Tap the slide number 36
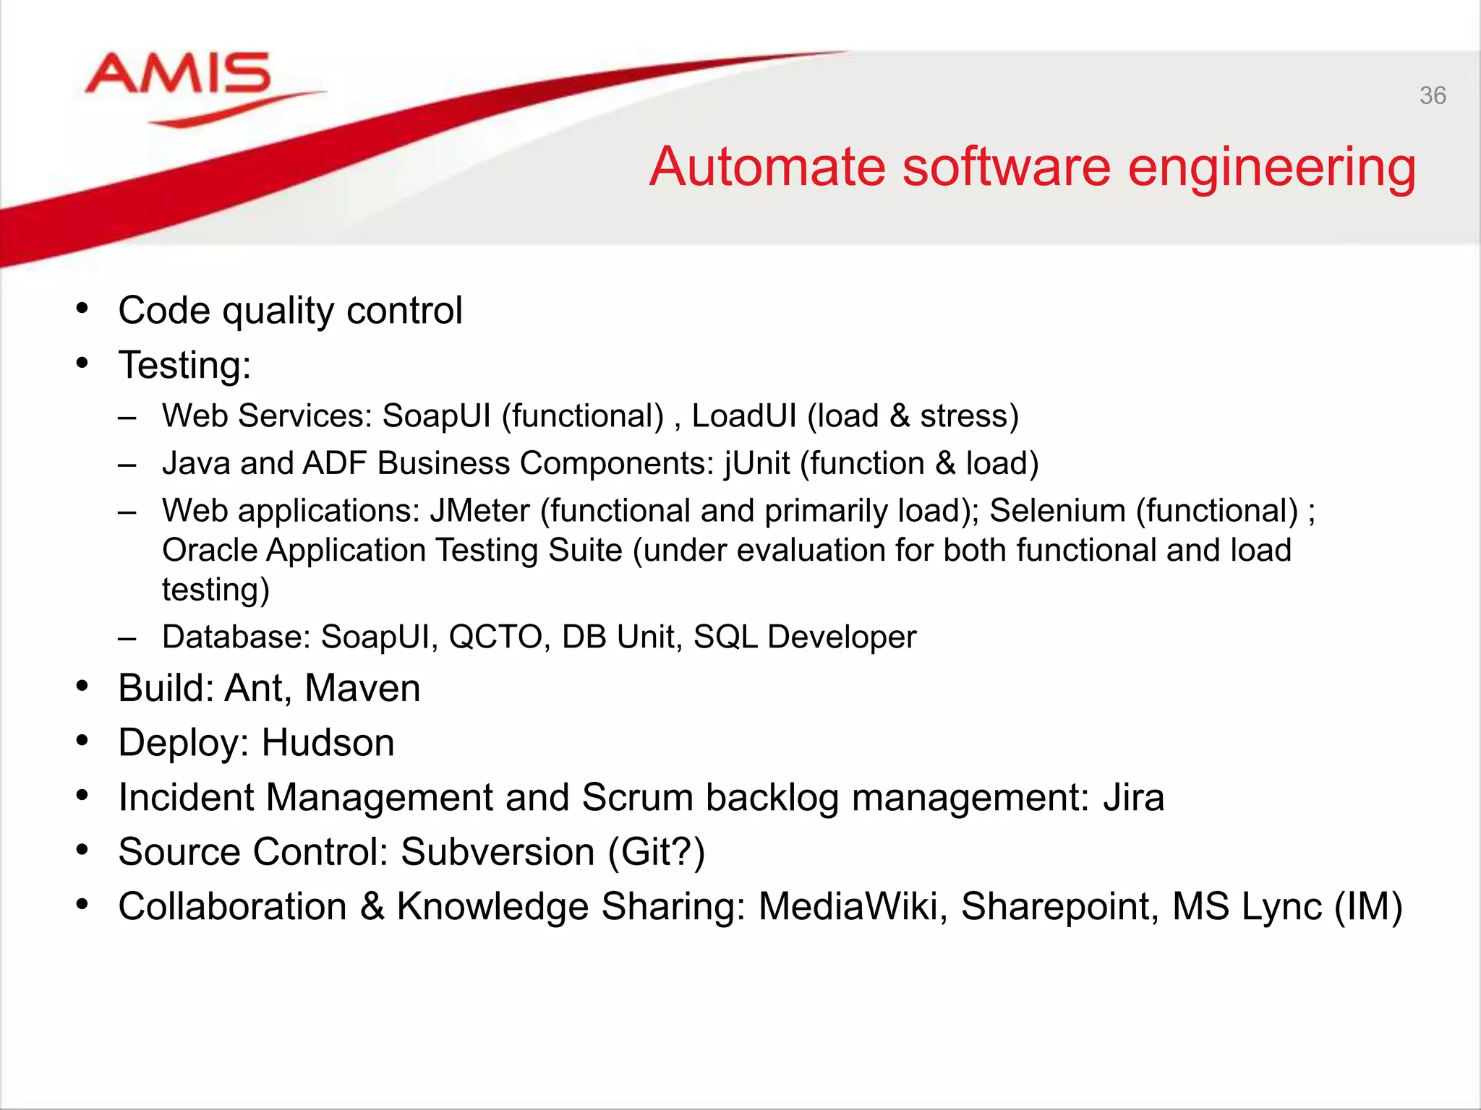(x=1433, y=95)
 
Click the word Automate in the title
(x=767, y=168)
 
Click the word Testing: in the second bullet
(x=184, y=365)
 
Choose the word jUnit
(x=756, y=464)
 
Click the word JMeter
(x=479, y=511)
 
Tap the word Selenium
(x=1057, y=511)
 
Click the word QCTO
(x=495, y=637)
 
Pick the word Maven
(x=362, y=688)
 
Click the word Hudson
(x=328, y=743)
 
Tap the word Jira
(x=1133, y=798)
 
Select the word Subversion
(x=498, y=852)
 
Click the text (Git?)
(x=656, y=853)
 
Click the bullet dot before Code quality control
(x=82, y=309)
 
